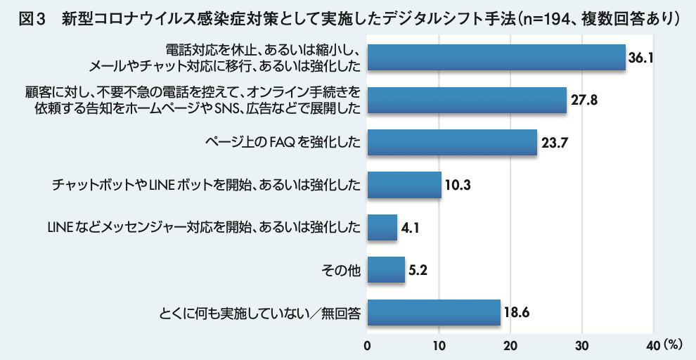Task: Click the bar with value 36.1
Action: pyautogui.click(x=496, y=58)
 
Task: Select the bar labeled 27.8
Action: pyautogui.click(x=467, y=101)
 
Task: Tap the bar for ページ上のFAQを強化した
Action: pyautogui.click(x=452, y=143)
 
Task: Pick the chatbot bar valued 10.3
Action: pyautogui.click(x=404, y=185)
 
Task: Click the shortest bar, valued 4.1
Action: pyautogui.click(x=382, y=227)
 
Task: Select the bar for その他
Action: pyautogui.click(x=386, y=269)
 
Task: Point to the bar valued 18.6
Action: pyautogui.click(x=434, y=311)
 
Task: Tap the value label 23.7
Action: pyautogui.click(x=555, y=143)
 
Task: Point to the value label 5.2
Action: pyautogui.click(x=419, y=270)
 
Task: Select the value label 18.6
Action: pyautogui.click(x=517, y=312)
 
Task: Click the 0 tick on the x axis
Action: pyautogui.click(x=368, y=345)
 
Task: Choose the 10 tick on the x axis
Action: pyautogui.click(x=439, y=345)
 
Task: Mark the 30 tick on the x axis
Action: pyautogui.click(x=582, y=345)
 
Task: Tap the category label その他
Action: pyautogui.click(x=344, y=270)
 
